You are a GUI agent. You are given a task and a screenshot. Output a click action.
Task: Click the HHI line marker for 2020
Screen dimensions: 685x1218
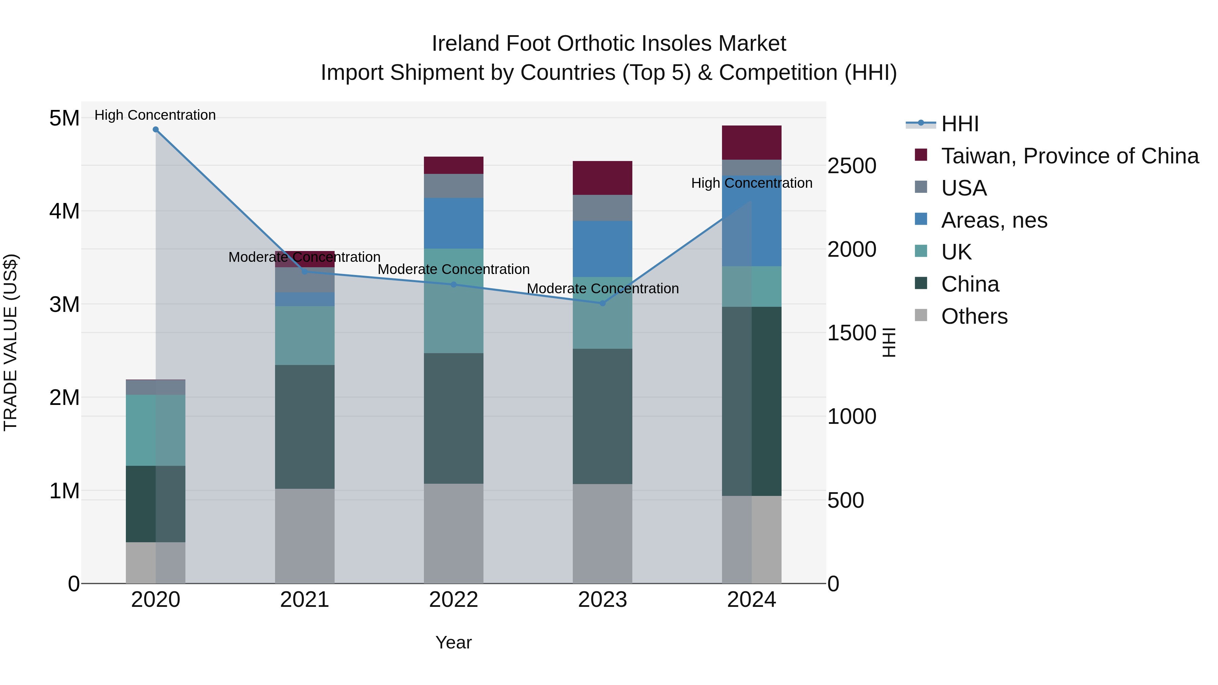[156, 130]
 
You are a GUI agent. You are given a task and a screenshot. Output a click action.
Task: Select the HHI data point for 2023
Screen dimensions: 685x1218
[602, 303]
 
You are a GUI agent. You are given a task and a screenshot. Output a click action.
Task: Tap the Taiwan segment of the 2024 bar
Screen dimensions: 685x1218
[751, 143]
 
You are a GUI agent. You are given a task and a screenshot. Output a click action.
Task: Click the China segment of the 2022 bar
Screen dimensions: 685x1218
[453, 418]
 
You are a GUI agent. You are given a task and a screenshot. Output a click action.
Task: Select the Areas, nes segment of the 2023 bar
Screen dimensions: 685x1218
[602, 249]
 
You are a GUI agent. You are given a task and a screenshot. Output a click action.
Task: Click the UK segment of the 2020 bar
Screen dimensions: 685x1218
[156, 430]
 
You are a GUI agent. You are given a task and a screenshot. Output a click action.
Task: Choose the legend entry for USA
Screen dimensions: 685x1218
[963, 188]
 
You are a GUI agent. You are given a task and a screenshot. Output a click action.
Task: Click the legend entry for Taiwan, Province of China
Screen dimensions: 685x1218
[1069, 156]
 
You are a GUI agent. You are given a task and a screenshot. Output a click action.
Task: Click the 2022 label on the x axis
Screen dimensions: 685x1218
[453, 600]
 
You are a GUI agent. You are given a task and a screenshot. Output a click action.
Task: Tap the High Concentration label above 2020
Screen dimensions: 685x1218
[155, 115]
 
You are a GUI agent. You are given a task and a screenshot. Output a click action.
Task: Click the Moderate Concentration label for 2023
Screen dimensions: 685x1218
[602, 288]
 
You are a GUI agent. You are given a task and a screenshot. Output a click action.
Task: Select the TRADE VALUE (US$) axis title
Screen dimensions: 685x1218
[10, 342]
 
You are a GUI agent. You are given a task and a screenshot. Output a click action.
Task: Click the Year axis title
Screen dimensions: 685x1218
[453, 642]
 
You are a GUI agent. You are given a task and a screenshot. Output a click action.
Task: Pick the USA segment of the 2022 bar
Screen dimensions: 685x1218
[453, 186]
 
